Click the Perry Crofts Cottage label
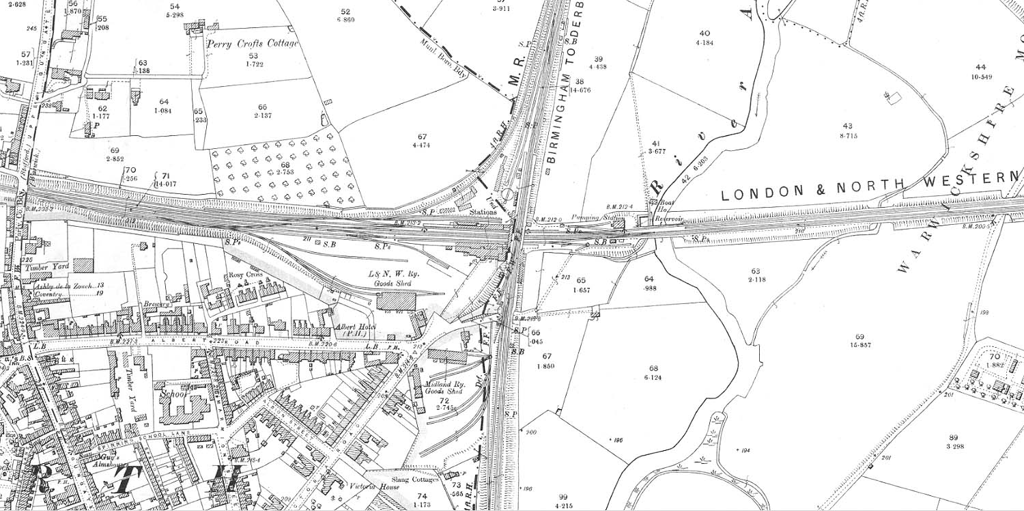click(x=252, y=44)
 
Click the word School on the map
click(x=174, y=395)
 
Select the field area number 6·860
click(x=345, y=20)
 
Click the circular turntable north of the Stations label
click(x=508, y=195)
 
